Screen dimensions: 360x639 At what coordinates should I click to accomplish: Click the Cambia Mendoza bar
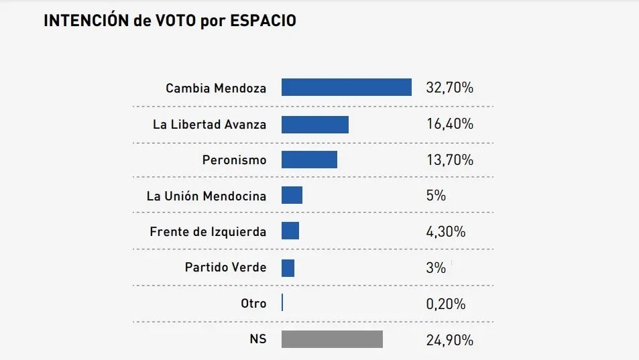tap(346, 88)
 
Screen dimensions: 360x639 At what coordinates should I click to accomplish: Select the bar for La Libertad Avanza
tap(314, 124)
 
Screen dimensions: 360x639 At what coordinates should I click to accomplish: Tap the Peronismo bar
tap(309, 160)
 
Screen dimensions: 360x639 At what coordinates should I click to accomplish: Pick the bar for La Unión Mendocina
tap(292, 195)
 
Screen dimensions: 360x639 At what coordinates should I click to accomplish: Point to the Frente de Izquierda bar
tap(290, 231)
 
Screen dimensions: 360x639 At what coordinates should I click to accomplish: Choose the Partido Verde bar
tap(288, 267)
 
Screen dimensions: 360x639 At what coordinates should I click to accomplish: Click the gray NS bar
tap(332, 339)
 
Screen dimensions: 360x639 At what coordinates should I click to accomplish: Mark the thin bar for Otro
tap(282, 303)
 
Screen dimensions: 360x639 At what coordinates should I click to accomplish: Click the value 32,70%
tap(449, 88)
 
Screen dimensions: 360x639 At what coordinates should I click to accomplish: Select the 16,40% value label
tap(449, 124)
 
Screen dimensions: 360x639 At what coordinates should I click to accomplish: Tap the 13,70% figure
tap(449, 160)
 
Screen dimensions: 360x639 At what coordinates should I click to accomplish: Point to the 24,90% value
tap(449, 340)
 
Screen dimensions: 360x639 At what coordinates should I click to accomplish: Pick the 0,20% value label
tap(446, 304)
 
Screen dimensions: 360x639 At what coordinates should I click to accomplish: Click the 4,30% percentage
tap(446, 232)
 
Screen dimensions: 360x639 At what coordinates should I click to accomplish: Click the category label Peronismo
tap(234, 160)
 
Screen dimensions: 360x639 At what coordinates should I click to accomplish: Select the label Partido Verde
tap(225, 267)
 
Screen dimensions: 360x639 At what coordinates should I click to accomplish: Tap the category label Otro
tap(253, 304)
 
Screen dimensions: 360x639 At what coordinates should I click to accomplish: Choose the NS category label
tap(257, 339)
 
